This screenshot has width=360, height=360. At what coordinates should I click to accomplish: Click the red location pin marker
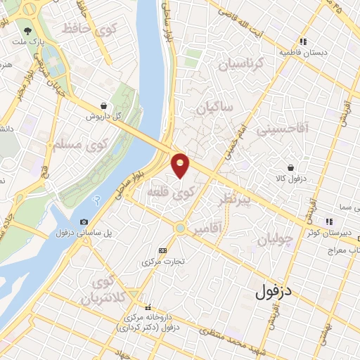coord(181,165)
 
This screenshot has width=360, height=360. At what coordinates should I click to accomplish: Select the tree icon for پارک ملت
coord(27,31)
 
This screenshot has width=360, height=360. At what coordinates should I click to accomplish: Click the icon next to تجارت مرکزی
coord(163,250)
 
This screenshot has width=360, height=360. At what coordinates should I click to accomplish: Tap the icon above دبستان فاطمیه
coord(303,41)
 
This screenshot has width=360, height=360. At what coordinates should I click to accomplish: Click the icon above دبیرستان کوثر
coord(328,222)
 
